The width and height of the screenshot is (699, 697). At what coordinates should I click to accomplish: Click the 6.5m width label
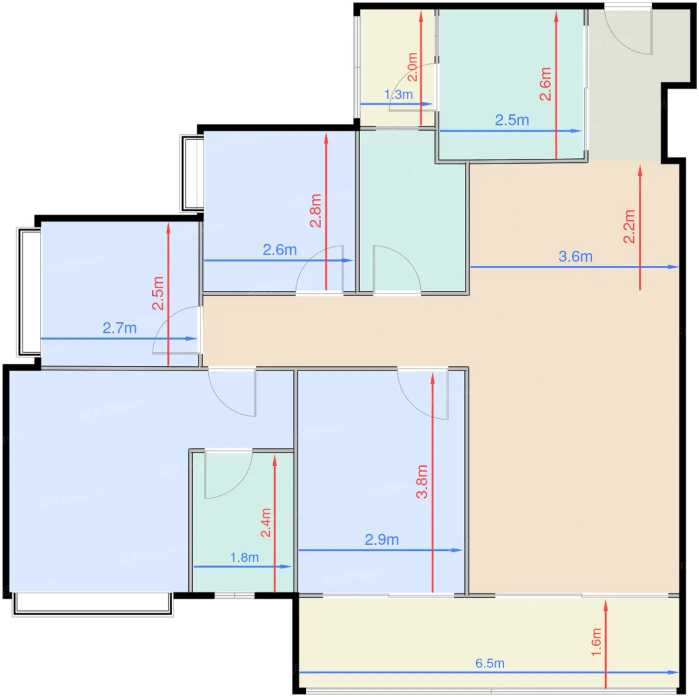coord(489,663)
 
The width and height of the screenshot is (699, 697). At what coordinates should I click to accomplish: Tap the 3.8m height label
coord(422,481)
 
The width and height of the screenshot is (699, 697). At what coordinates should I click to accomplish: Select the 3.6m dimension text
coord(575,256)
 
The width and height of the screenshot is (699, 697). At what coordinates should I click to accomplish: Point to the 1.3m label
coord(398,94)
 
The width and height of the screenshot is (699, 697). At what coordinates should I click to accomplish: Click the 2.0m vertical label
coord(412,67)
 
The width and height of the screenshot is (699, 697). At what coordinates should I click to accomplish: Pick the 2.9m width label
coord(381,540)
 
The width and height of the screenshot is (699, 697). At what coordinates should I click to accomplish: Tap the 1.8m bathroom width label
coord(245,557)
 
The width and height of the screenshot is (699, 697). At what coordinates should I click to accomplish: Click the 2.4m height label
coord(266,523)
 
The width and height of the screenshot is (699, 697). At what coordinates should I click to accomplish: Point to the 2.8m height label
coord(316,210)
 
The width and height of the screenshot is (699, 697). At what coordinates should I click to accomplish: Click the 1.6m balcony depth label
coord(596,642)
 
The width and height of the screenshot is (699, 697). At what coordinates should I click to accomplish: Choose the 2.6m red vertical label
coord(545,84)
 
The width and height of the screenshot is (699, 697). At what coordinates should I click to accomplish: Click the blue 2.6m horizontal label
coord(280,250)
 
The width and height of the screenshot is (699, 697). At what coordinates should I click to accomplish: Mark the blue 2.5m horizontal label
coord(512,120)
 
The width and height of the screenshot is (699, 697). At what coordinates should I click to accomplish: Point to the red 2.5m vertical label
coord(158,293)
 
